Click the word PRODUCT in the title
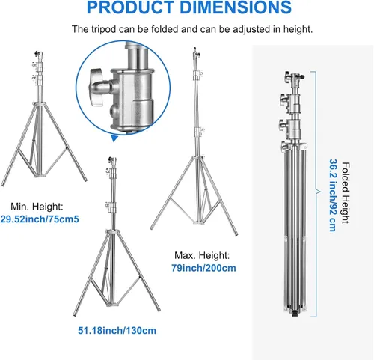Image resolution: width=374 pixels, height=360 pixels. [x=130, y=7]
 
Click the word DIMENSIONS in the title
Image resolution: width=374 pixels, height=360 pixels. [x=236, y=7]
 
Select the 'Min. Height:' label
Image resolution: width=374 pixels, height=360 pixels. [x=37, y=207]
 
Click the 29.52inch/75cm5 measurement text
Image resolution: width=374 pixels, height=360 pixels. [x=40, y=219]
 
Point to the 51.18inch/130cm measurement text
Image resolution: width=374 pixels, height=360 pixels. [x=117, y=331]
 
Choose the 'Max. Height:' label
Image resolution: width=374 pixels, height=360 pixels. [x=202, y=255]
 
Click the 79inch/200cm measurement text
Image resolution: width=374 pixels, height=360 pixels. [x=203, y=268]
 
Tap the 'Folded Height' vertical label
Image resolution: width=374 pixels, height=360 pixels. [x=346, y=192]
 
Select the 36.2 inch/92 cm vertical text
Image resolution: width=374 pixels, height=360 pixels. [x=333, y=195]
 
